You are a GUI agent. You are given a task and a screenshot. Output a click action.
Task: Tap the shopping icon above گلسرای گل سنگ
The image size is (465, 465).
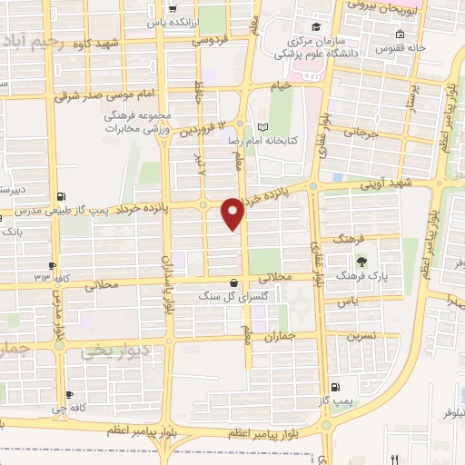coord(235,282)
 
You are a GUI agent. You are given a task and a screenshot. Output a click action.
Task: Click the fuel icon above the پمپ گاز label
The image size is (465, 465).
coord(337,386)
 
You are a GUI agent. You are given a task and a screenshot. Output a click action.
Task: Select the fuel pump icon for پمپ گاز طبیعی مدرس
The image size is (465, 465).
coord(61,195)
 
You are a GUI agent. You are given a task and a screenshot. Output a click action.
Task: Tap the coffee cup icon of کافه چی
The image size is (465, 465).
coord(70,395)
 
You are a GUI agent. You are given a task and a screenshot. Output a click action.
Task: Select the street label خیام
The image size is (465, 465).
coord(281,85)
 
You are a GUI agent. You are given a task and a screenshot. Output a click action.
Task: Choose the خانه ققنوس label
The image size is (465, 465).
coord(401,47)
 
